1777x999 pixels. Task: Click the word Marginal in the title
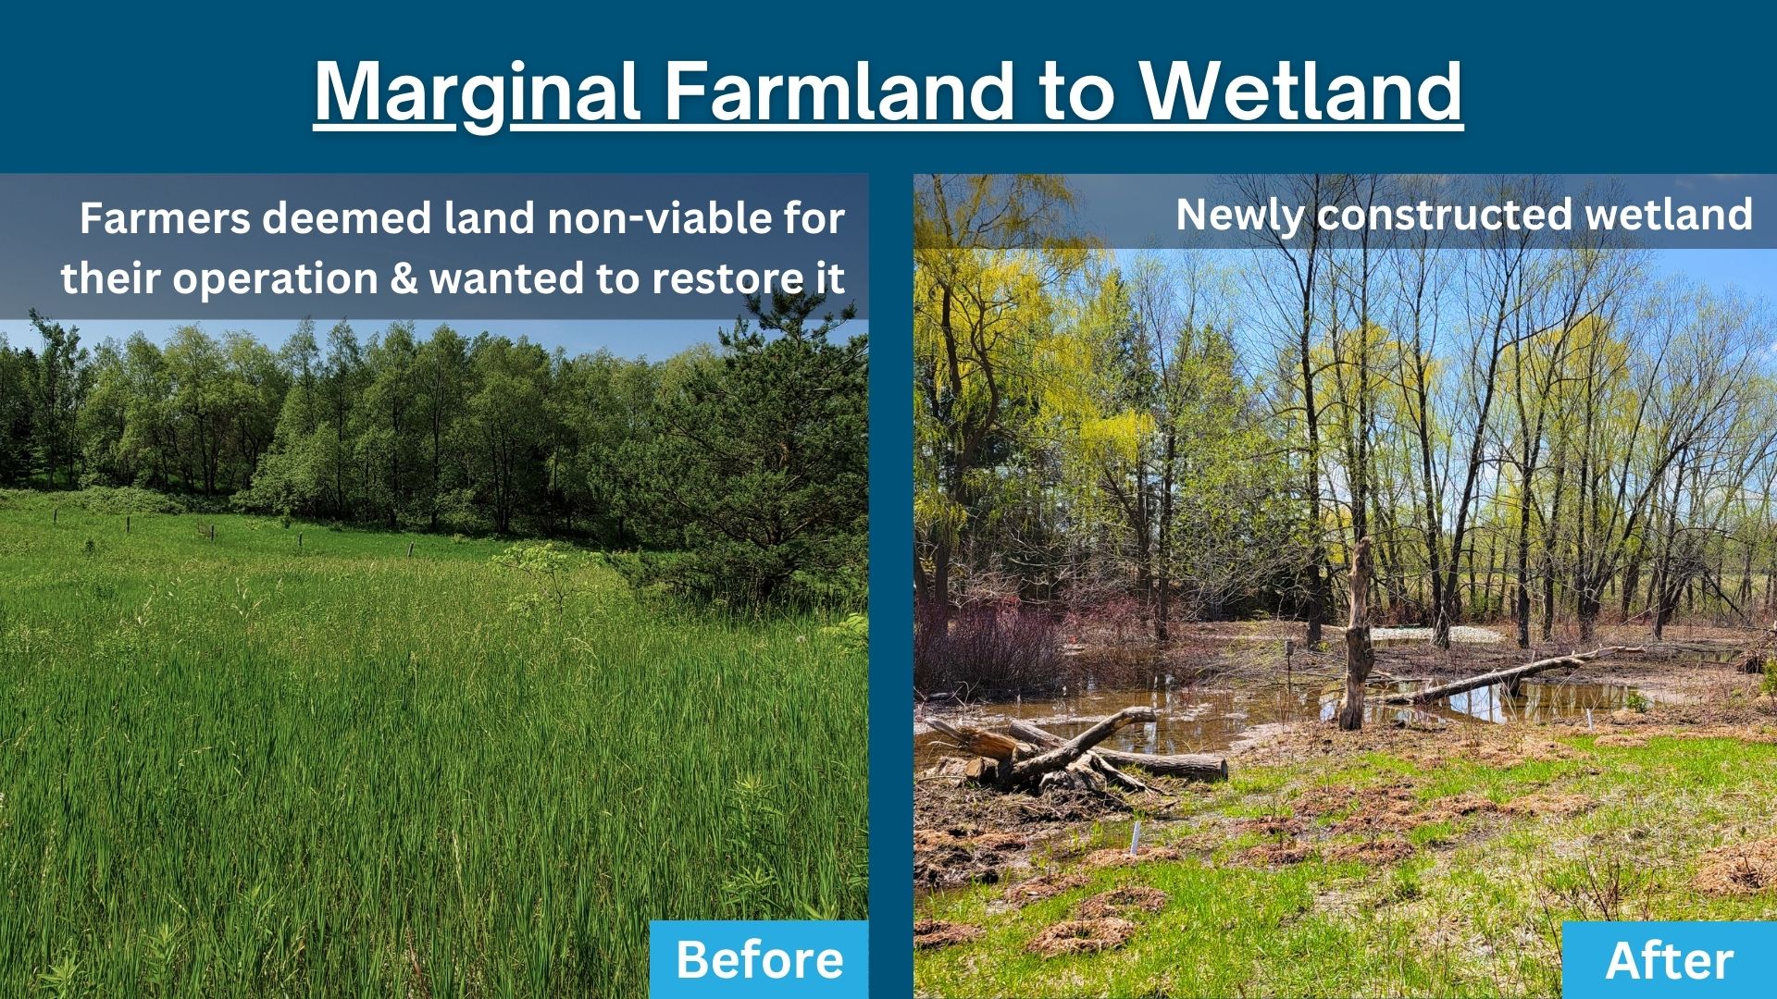click(x=477, y=92)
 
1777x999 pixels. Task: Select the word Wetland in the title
click(x=1300, y=92)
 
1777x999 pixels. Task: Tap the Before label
click(x=759, y=959)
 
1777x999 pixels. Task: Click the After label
click(x=1669, y=960)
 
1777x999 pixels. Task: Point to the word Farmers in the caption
click(x=165, y=219)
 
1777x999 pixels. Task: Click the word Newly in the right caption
click(x=1240, y=215)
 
